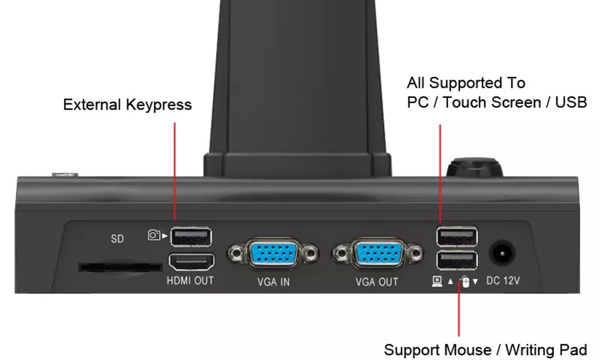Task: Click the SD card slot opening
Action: tap(120, 267)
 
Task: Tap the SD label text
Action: tap(117, 239)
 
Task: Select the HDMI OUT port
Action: tap(192, 262)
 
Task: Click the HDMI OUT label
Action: tap(190, 281)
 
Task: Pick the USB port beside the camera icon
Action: tap(191, 237)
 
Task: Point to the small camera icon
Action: tap(154, 235)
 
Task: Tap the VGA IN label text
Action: tap(273, 282)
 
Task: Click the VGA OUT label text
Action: tap(377, 282)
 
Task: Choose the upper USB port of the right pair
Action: tap(457, 236)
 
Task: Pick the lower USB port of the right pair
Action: tap(457, 261)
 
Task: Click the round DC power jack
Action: tap(502, 253)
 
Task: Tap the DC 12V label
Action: tap(503, 281)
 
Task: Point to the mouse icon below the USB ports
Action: tap(465, 281)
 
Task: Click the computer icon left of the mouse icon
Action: tap(437, 281)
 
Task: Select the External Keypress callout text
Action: tap(127, 105)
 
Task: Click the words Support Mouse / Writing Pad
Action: tap(485, 350)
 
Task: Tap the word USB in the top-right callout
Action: tap(571, 102)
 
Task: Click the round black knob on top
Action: tap(475, 167)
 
